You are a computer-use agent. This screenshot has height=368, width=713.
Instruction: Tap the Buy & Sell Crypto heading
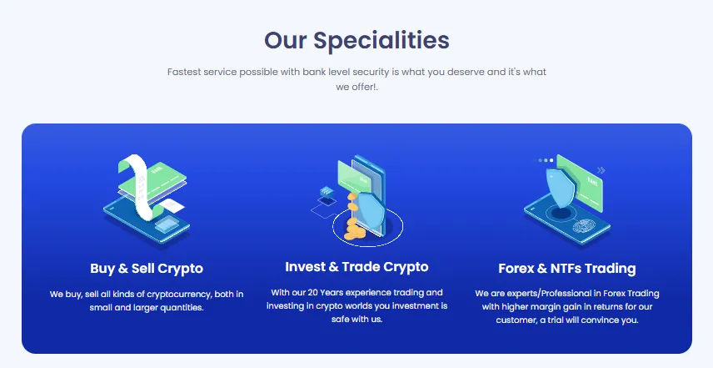147,269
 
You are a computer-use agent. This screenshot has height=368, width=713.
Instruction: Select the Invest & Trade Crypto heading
356,267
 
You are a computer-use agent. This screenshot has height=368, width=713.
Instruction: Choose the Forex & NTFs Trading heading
566,269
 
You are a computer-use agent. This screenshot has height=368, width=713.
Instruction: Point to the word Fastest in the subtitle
187,72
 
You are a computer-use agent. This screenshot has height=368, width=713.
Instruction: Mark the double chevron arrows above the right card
601,169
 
